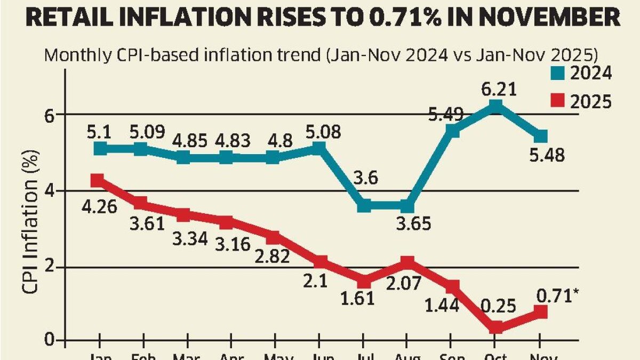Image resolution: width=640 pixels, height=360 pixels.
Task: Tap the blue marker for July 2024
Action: coord(364,205)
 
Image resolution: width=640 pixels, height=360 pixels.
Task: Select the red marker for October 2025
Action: coord(495,327)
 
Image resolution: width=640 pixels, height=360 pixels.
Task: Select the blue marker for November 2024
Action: coord(541,137)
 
